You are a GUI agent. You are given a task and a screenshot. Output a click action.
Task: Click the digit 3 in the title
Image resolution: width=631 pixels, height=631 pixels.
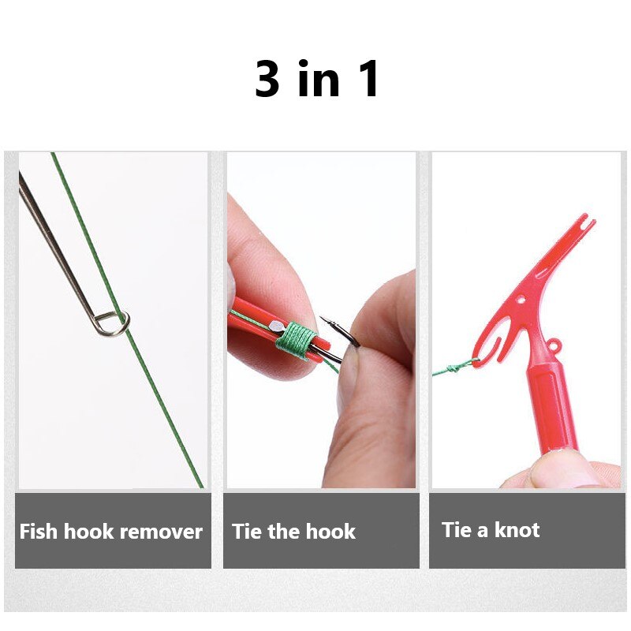pyautogui.click(x=268, y=79)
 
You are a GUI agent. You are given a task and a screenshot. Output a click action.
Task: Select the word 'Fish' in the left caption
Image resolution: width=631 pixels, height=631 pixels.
pyautogui.click(x=39, y=532)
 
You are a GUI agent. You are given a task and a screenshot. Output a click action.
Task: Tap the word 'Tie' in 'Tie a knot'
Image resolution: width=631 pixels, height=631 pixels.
pyautogui.click(x=456, y=530)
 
